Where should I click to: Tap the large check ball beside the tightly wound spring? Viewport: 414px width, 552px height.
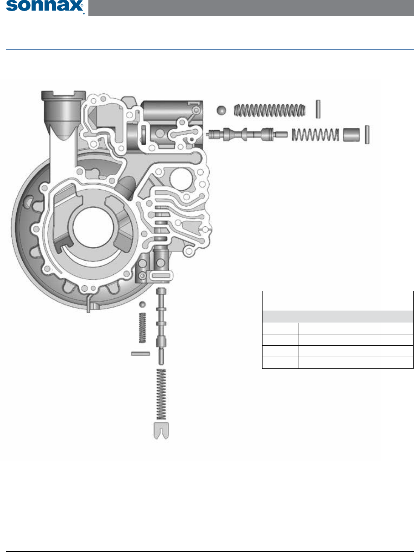coord(221,110)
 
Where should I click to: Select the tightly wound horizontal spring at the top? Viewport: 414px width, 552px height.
coord(270,110)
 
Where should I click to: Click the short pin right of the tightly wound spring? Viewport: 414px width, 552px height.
coord(318,109)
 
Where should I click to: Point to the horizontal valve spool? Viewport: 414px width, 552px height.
coord(247,134)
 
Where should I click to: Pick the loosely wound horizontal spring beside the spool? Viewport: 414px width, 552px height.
coord(315,135)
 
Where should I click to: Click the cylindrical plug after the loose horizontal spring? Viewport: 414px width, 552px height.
coord(351,135)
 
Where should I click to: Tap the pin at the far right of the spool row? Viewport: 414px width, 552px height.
coord(367,135)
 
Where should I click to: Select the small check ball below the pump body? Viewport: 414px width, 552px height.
coord(142,304)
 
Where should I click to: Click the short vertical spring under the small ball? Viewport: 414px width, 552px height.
coord(142,328)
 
